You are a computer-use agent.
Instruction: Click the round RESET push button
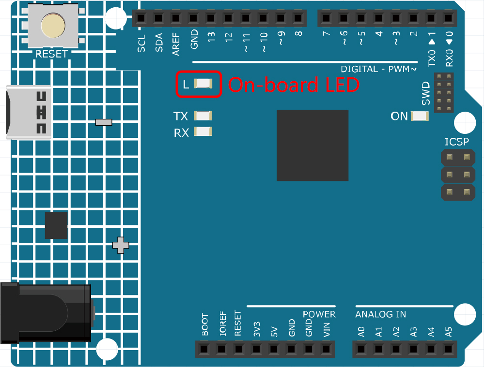coord(53,25)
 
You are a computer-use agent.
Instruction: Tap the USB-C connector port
coord(29,113)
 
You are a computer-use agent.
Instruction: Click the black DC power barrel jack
coord(47,313)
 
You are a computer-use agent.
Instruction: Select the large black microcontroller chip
coord(312,146)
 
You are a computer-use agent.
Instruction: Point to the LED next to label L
coord(203,84)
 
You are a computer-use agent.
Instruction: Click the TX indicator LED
coord(203,116)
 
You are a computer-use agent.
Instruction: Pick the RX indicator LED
coord(203,132)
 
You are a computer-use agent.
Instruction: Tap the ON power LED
coord(420,116)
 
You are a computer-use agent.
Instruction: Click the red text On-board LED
coord(294,85)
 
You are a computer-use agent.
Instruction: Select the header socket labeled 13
coord(211,18)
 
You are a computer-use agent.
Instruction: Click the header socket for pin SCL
coord(141,18)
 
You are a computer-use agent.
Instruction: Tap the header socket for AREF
coord(176,18)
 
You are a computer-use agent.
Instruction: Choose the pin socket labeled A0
coord(361,350)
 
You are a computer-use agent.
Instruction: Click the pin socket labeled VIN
coord(326,350)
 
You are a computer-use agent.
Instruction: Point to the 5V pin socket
coord(273,350)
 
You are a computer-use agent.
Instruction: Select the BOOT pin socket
coord(203,350)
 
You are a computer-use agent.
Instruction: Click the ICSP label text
coord(456,142)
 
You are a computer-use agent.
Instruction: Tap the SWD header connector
coord(444,92)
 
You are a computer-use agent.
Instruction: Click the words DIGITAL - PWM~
coord(379,69)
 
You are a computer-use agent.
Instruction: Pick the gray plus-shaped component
coord(121,245)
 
